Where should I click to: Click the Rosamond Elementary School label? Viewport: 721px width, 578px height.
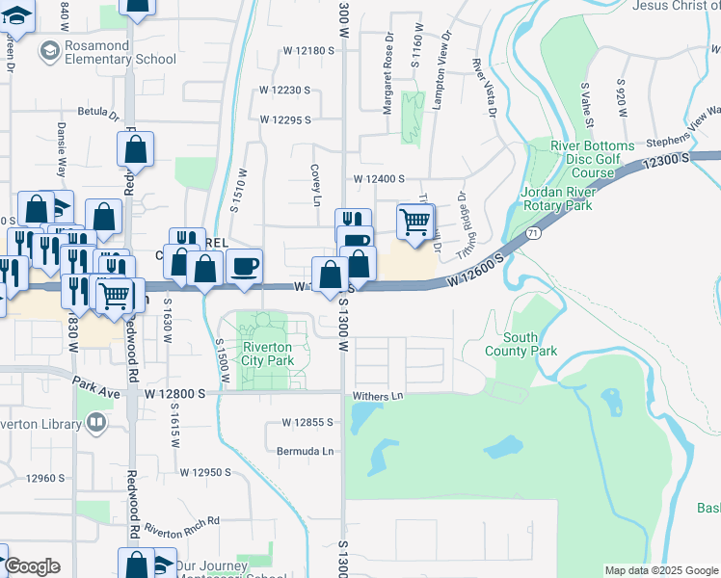click(107, 52)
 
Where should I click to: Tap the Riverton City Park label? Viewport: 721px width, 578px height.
click(267, 354)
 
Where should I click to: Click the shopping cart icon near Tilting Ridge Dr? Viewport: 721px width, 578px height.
click(414, 221)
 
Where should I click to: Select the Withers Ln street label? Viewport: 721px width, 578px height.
click(377, 395)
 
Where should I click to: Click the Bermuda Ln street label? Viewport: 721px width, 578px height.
click(305, 451)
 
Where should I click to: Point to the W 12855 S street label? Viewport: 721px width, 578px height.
click(307, 422)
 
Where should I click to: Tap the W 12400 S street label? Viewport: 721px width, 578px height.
click(378, 179)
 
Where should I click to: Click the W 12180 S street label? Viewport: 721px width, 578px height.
click(308, 50)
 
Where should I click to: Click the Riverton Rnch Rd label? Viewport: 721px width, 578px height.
click(183, 526)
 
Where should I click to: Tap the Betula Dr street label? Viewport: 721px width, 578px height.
click(97, 112)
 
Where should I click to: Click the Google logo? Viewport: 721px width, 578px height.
click(32, 566)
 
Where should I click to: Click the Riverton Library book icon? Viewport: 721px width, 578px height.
click(95, 422)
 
